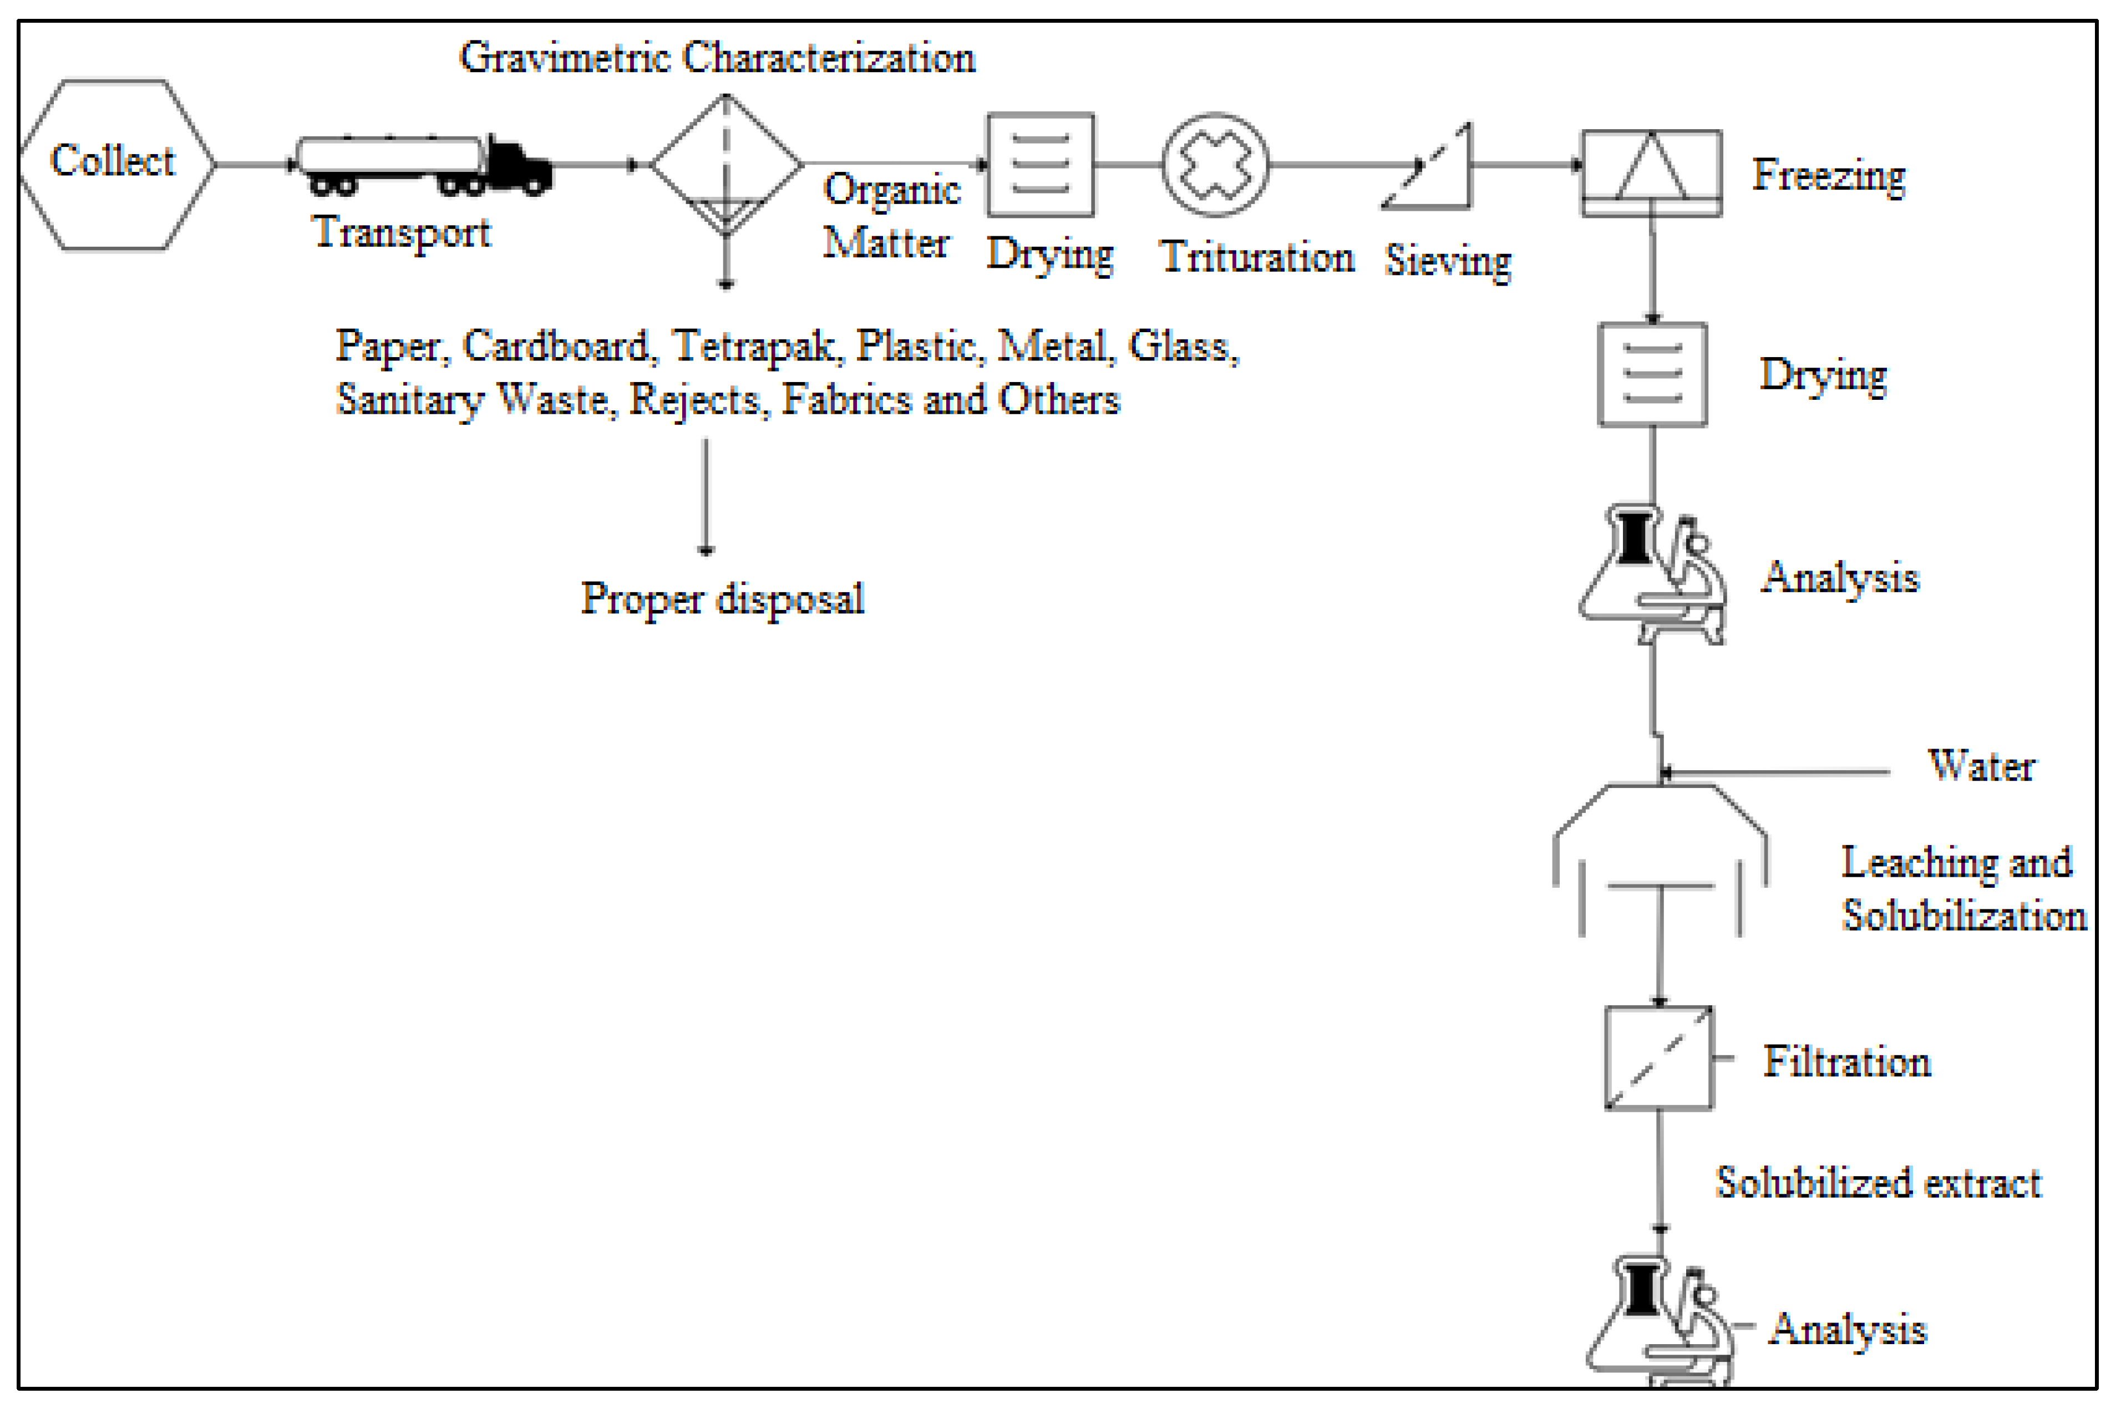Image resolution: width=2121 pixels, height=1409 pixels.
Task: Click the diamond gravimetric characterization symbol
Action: pos(726,165)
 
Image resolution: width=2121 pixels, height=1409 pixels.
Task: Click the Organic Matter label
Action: pos(890,216)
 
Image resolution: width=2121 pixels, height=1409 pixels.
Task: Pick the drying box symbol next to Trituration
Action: pos(1040,165)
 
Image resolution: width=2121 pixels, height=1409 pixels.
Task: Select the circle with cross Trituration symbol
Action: pos(1215,165)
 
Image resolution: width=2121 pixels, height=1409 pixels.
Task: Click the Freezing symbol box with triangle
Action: pos(1651,172)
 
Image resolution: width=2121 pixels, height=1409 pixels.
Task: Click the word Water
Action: pos(1981,766)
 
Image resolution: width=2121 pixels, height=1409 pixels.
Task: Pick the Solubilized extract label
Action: pos(1879,1183)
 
